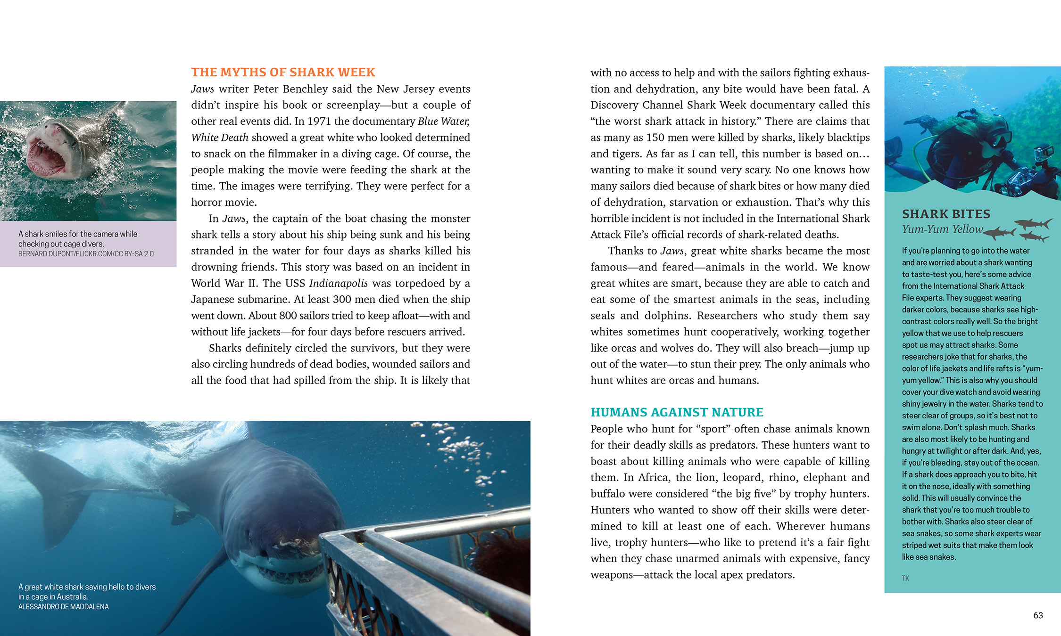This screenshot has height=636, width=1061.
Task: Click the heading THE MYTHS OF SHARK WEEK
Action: (x=283, y=72)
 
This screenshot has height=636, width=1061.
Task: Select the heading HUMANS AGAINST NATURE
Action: (x=677, y=412)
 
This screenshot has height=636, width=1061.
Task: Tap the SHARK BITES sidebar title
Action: (x=946, y=214)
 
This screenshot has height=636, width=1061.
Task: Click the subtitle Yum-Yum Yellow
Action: (x=942, y=229)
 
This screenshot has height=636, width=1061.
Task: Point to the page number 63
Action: (x=1038, y=615)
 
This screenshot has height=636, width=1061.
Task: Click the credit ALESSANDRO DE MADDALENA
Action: (x=63, y=607)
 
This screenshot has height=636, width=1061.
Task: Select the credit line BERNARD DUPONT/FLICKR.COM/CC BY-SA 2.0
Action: (x=86, y=254)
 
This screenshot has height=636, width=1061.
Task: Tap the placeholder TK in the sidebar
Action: (x=905, y=579)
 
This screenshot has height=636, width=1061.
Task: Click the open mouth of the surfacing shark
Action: (x=46, y=157)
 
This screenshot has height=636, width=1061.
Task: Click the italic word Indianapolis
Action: (x=338, y=283)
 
